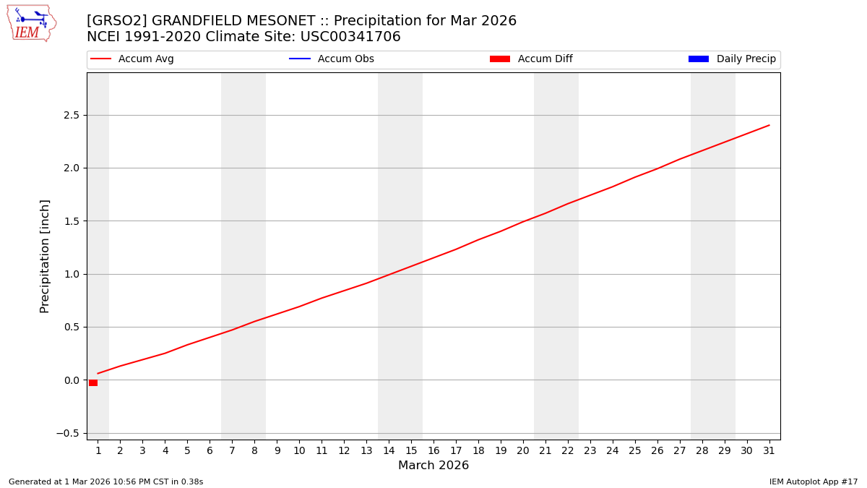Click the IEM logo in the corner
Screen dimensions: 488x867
(31, 23)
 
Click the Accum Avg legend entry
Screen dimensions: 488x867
(133, 59)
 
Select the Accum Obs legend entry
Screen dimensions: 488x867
(332, 59)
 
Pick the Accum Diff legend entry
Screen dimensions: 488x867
(532, 59)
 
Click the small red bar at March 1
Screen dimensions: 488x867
(93, 382)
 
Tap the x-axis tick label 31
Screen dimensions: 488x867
(769, 450)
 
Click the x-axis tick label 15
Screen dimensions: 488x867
(411, 450)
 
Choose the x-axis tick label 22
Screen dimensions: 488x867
(567, 450)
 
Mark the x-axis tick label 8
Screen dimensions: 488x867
(254, 450)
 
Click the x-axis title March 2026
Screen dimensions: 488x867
(433, 466)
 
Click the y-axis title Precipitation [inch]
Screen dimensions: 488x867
(45, 256)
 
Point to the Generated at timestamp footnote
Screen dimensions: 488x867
(105, 481)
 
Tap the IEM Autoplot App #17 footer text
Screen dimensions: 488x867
(814, 481)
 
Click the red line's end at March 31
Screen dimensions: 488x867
(769, 125)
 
